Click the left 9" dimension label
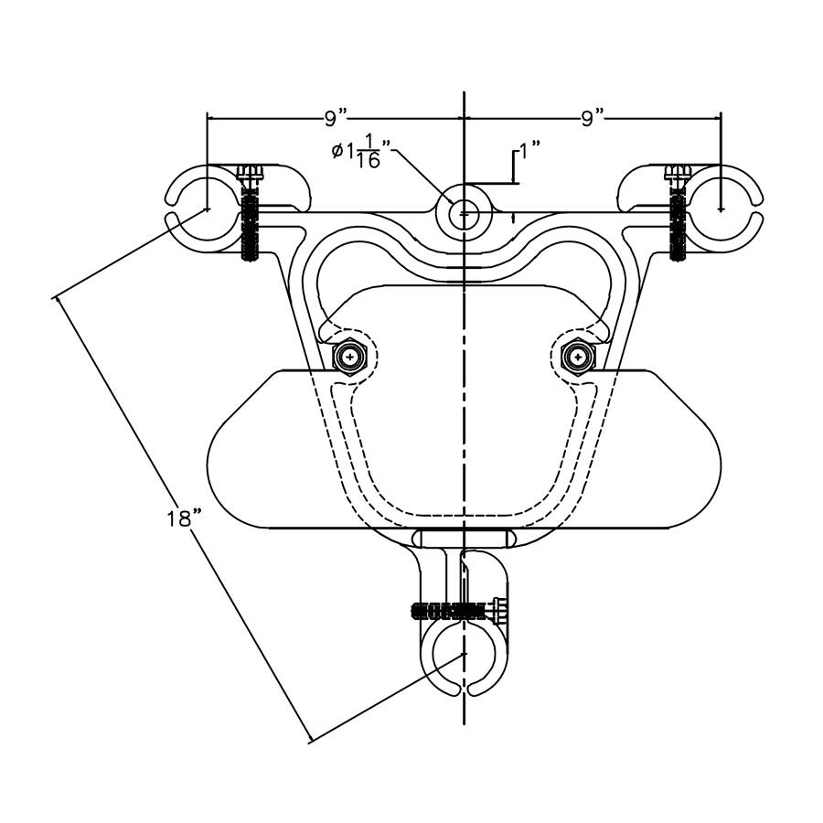[336, 119]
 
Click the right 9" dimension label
[593, 119]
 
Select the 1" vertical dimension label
[529, 150]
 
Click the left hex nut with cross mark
[349, 358]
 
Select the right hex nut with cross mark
[578, 358]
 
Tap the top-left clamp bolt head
[250, 173]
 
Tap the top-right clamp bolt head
[679, 173]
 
